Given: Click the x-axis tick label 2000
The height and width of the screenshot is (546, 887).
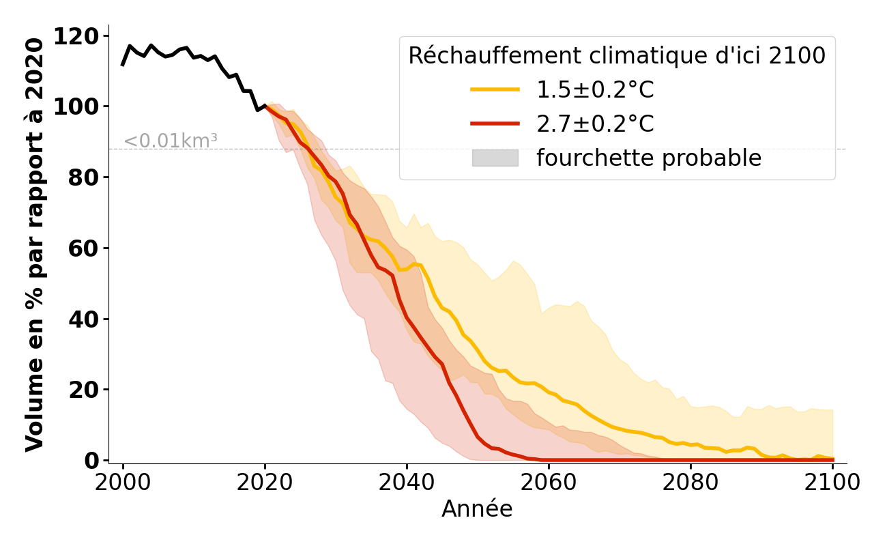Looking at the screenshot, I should [123, 483].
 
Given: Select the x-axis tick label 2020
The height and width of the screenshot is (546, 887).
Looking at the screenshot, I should [265, 483].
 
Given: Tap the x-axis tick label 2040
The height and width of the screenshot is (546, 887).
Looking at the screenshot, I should [407, 483].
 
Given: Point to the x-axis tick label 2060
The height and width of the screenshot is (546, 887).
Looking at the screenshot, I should [549, 483].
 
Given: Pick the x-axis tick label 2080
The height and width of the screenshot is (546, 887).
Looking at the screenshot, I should [690, 483].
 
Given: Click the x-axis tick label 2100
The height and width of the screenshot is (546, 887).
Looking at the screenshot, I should [832, 483].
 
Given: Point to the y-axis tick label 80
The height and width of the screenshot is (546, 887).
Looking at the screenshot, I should [85, 177].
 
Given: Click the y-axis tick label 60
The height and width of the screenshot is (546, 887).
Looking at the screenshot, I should [85, 248].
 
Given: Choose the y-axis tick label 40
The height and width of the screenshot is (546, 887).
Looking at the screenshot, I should [85, 319].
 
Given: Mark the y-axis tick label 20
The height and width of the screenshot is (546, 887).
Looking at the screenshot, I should [85, 390].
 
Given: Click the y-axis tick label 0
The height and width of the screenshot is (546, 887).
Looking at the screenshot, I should [92, 461].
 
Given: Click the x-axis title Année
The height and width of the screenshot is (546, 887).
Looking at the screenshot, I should [477, 509].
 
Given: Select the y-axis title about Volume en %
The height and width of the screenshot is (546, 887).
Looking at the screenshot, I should [35, 244].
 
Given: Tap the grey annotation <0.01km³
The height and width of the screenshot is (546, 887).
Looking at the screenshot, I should [170, 141].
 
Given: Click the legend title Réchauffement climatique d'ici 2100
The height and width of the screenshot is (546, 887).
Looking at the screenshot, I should [617, 56].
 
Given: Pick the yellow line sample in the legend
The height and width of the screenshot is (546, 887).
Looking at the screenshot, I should [495, 90].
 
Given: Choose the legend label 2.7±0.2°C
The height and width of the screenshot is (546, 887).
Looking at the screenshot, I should [595, 124].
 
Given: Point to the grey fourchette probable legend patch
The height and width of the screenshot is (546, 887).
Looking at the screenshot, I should [495, 158].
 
